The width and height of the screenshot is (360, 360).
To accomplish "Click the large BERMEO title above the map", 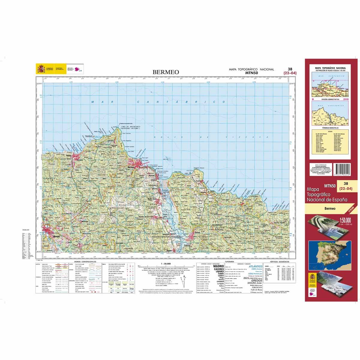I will pos(166,72).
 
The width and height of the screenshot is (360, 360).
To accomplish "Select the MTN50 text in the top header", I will pos(251,73).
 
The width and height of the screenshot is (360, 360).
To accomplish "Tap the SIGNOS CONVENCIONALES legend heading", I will pos(86,262).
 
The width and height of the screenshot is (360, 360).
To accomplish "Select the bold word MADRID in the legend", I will pos(218,266).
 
